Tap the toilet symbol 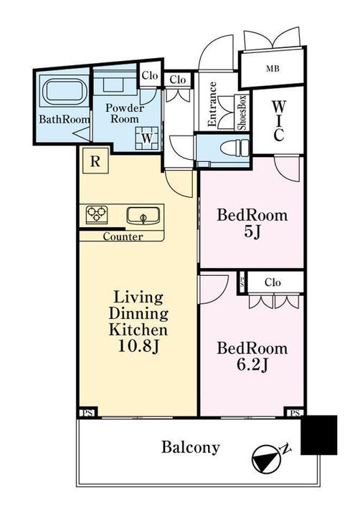[x=235, y=148]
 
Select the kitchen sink [x=143, y=216]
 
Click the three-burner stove [x=97, y=214]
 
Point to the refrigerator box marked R [x=95, y=161]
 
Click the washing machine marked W [x=146, y=138]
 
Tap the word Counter [x=123, y=236]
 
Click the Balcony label [x=190, y=447]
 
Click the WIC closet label [x=278, y=120]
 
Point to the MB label [x=273, y=69]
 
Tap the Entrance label [x=213, y=104]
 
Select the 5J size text [x=252, y=232]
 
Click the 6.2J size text [x=252, y=365]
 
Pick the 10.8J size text [x=138, y=346]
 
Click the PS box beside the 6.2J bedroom [x=295, y=413]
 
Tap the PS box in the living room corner [x=87, y=413]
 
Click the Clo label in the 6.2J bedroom [x=273, y=282]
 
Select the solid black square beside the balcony [x=319, y=435]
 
